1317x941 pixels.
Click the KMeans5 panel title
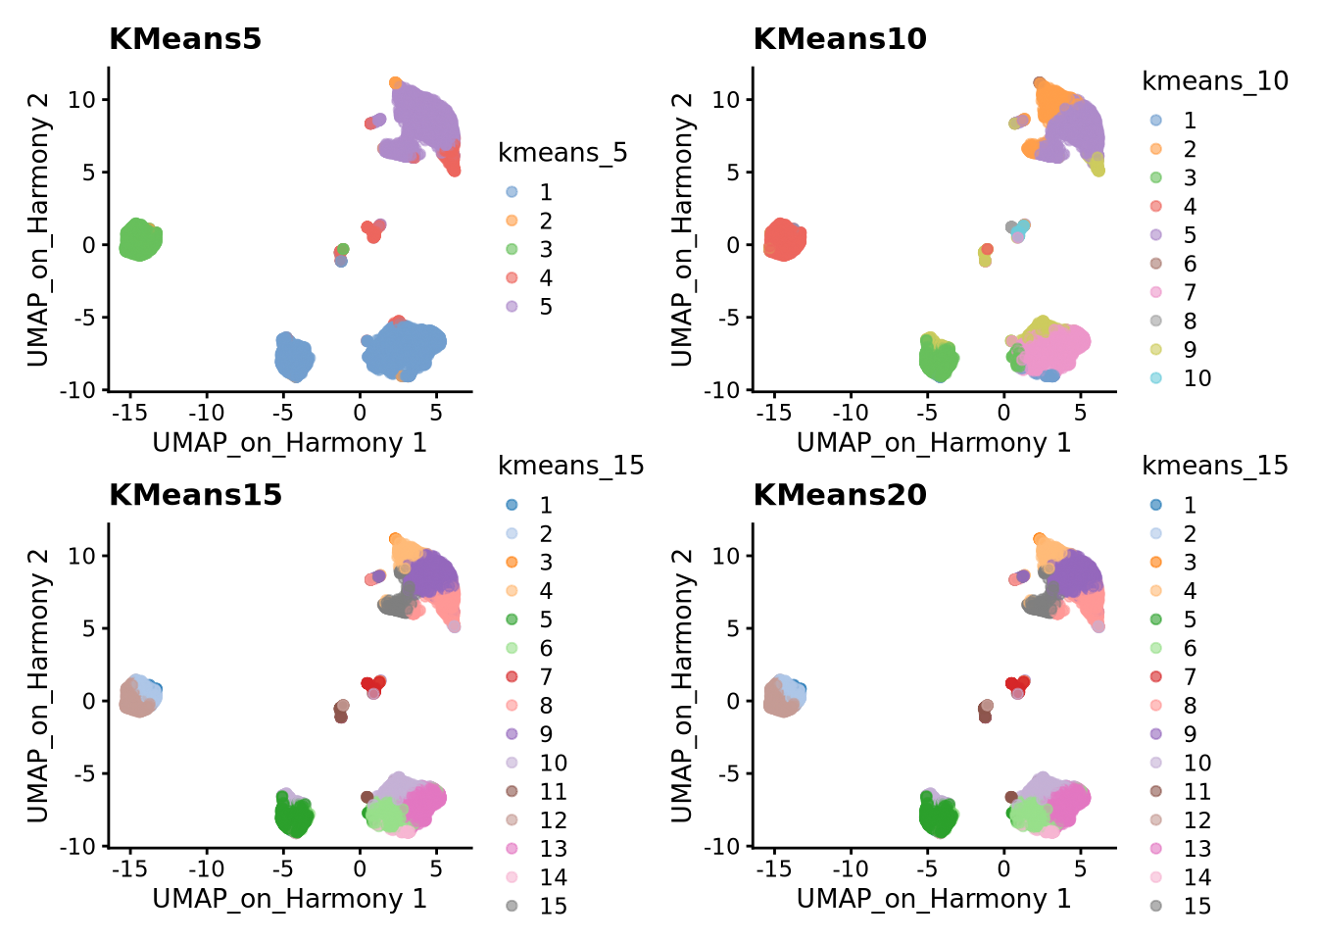(x=185, y=39)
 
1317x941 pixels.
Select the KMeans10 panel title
(x=839, y=39)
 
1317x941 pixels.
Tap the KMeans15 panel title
(x=195, y=495)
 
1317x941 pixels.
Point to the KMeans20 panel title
(x=839, y=495)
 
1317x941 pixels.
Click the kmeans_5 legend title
(x=562, y=153)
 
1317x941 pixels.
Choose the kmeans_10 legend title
(x=1214, y=81)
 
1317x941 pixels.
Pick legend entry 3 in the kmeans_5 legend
(x=545, y=250)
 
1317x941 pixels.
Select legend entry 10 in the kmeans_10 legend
(x=1196, y=378)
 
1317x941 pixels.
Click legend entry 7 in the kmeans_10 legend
(x=1190, y=292)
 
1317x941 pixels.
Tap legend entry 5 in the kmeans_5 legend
(x=545, y=307)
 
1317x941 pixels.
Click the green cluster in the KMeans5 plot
(x=139, y=239)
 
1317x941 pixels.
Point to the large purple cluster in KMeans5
(x=427, y=123)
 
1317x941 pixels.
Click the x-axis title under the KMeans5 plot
(x=289, y=443)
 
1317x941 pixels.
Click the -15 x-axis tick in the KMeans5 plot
(x=129, y=412)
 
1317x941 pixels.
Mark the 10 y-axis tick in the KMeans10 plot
(x=726, y=100)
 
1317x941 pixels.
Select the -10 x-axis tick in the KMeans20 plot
(x=851, y=867)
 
